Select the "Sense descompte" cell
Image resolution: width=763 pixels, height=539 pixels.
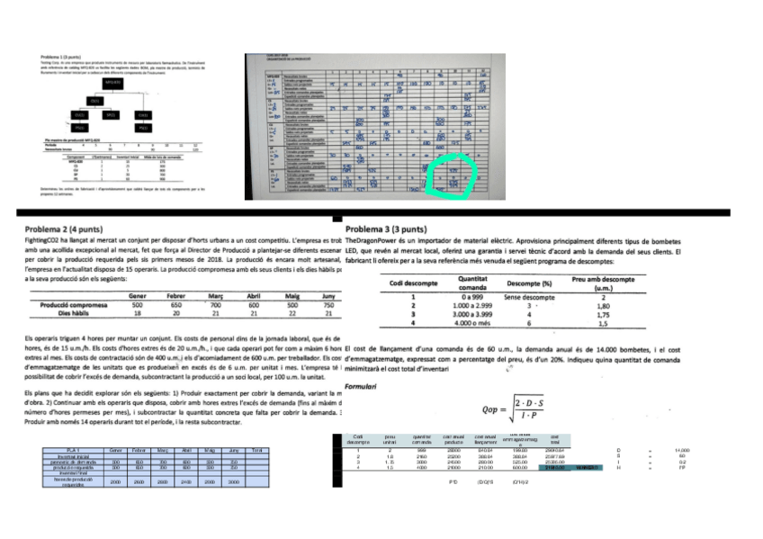pyautogui.click(x=530, y=296)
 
